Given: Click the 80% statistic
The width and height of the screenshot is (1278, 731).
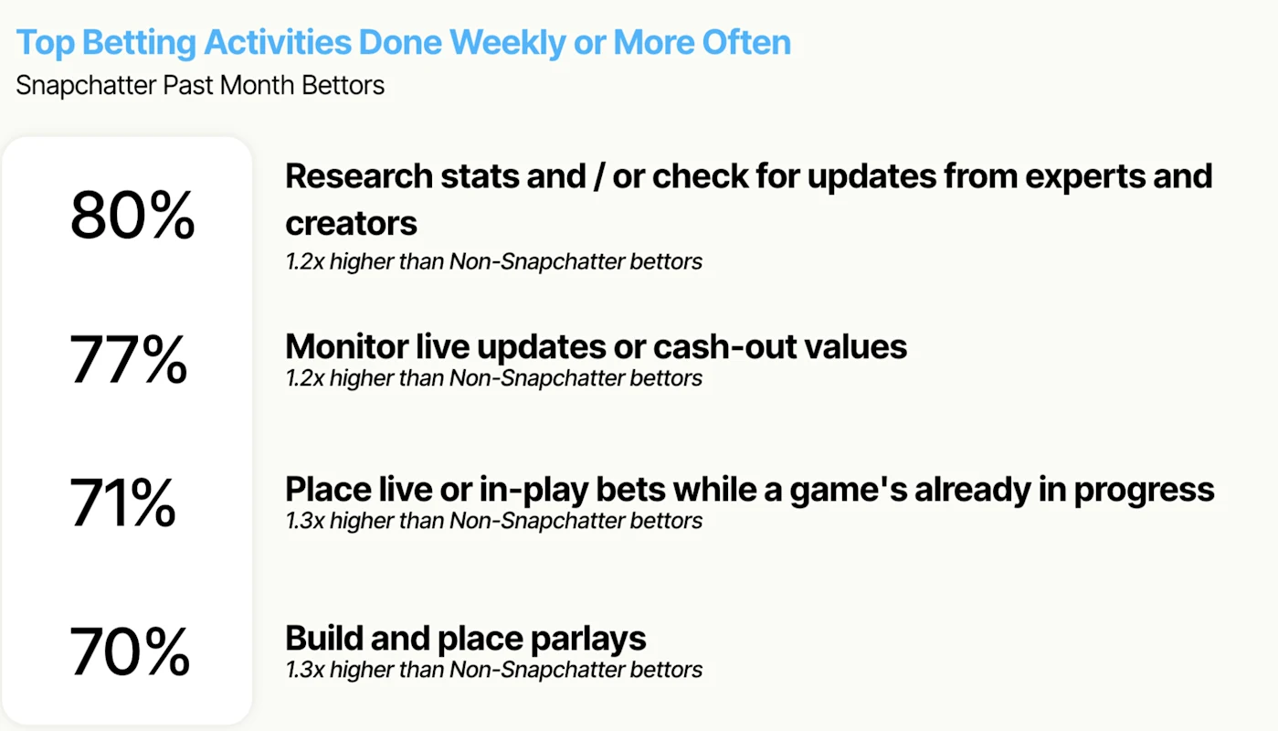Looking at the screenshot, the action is point(132,215).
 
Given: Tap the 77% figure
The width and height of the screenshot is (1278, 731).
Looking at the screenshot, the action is point(128,359).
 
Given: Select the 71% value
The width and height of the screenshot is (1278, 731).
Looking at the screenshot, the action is point(122,503).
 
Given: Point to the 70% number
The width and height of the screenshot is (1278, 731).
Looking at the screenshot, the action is point(129,651).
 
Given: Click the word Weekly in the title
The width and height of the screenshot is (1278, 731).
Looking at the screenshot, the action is point(507,44).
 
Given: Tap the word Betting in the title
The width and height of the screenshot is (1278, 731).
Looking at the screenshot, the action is point(139,44).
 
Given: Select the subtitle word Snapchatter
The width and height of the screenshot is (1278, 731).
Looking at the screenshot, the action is point(86,86).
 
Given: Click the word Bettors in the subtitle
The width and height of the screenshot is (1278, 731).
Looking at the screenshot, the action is point(343,86).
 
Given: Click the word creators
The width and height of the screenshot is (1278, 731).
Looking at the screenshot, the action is point(351,223).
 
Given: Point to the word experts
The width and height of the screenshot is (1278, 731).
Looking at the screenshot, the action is point(1085,177).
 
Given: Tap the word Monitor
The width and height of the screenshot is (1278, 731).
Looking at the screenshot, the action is point(347,346).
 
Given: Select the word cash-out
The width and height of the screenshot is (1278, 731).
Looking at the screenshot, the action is point(724,347).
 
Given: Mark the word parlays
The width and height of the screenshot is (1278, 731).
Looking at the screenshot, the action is point(588,639).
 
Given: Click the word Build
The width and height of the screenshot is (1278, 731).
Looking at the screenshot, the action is point(324,638).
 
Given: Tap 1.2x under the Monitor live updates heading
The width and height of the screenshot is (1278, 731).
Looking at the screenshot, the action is point(305,378).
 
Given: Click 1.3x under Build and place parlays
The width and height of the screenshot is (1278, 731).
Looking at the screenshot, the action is point(305,670).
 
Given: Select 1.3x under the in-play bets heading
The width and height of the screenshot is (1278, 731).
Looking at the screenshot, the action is point(305,521).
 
